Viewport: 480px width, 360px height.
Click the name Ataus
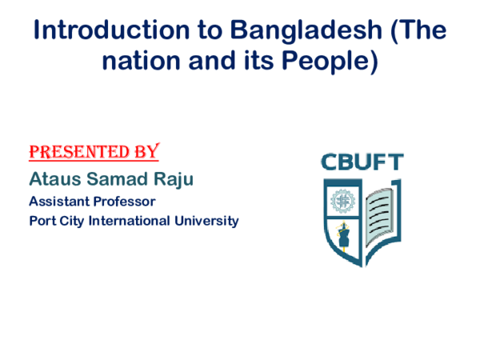point(54,178)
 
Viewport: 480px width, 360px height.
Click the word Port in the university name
point(42,221)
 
